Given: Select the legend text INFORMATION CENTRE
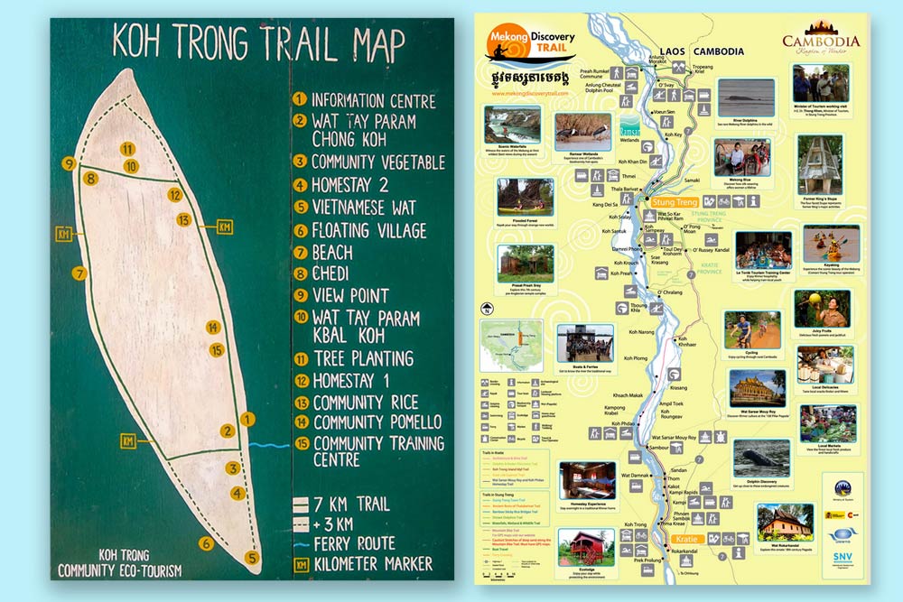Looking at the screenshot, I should point(373,101).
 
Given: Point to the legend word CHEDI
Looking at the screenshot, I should point(339,273).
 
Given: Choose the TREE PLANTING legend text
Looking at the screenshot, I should point(363,358).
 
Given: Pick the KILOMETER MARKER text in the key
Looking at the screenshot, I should point(371,565).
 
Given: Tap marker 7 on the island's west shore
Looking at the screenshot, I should point(79,272).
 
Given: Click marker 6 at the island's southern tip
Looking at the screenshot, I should point(207,542).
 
